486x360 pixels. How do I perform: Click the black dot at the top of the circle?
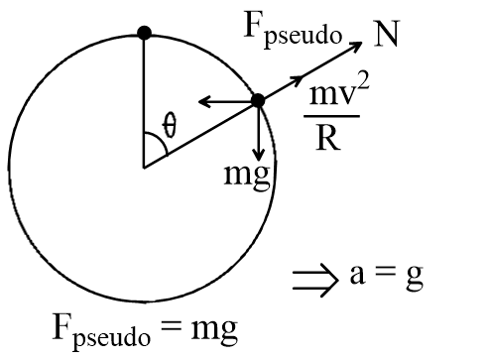tap(145, 33)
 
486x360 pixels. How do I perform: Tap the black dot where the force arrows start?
tap(258, 100)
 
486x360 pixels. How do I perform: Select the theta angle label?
tap(170, 125)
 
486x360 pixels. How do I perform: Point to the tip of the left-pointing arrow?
tap(198, 101)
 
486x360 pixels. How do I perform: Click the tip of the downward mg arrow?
tap(259, 161)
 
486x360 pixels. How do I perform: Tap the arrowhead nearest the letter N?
tap(361, 43)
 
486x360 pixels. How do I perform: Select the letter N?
tap(387, 34)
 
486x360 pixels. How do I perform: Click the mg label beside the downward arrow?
tap(247, 176)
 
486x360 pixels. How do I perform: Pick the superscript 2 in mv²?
tap(363, 84)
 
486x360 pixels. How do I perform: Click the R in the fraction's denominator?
tap(328, 138)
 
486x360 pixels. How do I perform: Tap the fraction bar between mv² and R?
tap(331, 116)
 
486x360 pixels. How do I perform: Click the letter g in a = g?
tap(415, 278)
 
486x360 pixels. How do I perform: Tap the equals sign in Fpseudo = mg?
tap(171, 325)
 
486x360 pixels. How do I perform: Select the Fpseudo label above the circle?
tap(293, 30)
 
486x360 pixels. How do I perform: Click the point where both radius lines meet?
tap(144, 168)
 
